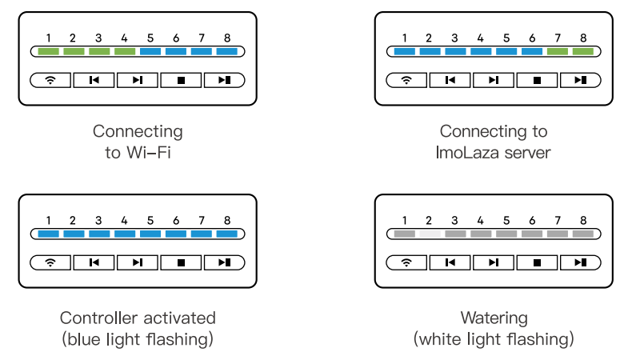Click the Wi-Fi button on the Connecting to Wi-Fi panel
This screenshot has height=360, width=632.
[x=51, y=80]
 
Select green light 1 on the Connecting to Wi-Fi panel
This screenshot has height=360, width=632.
[x=49, y=52]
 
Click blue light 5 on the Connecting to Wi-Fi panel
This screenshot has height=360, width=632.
[x=150, y=52]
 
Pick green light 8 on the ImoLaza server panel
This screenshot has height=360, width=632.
[x=583, y=52]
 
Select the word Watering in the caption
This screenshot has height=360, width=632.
[x=494, y=318]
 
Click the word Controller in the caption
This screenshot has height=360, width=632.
[x=97, y=318]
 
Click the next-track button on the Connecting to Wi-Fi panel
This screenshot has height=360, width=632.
[x=138, y=80]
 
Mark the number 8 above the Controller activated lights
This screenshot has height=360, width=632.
[x=226, y=220]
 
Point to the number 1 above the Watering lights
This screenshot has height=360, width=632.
[x=405, y=220]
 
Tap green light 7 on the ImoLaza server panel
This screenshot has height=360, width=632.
[x=558, y=52]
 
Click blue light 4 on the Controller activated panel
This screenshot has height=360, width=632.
[x=125, y=234]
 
